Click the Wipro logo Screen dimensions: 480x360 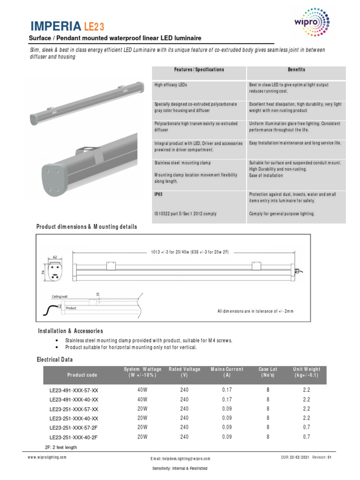(314, 23)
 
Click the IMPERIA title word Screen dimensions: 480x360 (52, 26)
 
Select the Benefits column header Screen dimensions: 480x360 (296, 70)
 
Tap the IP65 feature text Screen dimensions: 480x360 (158, 193)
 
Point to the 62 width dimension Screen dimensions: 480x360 (55, 257)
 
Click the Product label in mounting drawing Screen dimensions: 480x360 (71, 308)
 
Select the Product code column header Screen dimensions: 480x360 (82, 375)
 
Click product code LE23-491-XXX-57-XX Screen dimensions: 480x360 (74, 390)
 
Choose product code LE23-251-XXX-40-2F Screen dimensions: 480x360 (74, 436)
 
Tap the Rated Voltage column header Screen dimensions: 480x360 (184, 372)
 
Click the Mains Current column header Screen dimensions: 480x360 (227, 372)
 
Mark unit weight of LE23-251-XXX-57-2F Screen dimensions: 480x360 (307, 427)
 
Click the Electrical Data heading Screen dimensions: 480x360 (55, 360)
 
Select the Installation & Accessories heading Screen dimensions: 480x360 (70, 331)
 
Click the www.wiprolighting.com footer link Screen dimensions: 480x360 (47, 457)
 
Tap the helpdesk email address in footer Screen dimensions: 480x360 (180, 458)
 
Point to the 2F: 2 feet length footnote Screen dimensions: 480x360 (61, 447)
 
